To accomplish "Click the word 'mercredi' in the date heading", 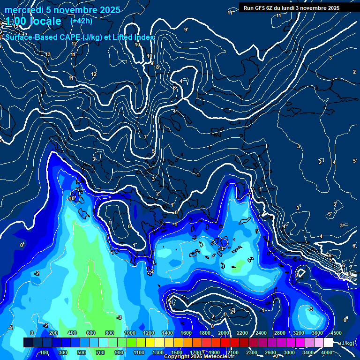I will [x=23, y=10].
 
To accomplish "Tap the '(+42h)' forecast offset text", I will [x=81, y=21].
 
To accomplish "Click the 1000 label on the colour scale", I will [x=129, y=333].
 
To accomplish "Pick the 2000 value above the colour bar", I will [x=223, y=333].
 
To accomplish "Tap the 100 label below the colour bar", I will [x=44, y=352].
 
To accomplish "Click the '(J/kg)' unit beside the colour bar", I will [x=347, y=343].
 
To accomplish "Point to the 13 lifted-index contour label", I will [x=48, y=55].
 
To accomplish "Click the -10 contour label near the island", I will [x=71, y=199].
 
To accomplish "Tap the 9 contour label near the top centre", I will [x=186, y=30].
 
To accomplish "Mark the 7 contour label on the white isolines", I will [x=145, y=137].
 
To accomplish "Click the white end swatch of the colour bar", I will [x=328, y=343].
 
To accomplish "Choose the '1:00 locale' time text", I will [x=33, y=21].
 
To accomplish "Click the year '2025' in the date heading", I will [x=106, y=10].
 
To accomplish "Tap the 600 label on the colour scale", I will [x=91, y=333].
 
